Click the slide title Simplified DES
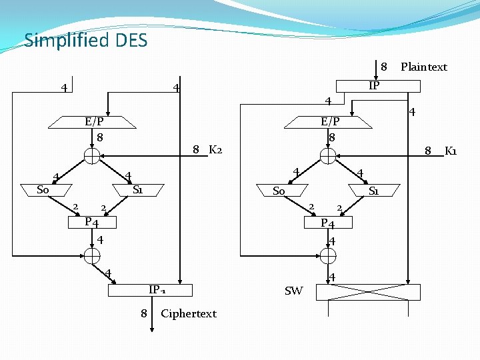pyautogui.click(x=85, y=41)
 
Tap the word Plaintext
pyautogui.click(x=423, y=67)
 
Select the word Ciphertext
pyautogui.click(x=189, y=313)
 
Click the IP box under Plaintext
pyautogui.click(x=378, y=86)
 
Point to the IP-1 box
pyautogui.click(x=150, y=290)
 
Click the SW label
pyautogui.click(x=293, y=291)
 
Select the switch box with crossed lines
pyautogui.click(x=369, y=292)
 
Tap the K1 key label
pyautogui.click(x=451, y=151)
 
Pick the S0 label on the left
pyautogui.click(x=43, y=190)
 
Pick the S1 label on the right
pyautogui.click(x=374, y=191)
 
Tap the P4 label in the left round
pyautogui.click(x=92, y=222)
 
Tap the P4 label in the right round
pyautogui.click(x=328, y=223)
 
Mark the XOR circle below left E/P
pyautogui.click(x=92, y=156)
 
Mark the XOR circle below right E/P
pyautogui.click(x=328, y=156)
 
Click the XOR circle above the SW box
pyautogui.click(x=328, y=255)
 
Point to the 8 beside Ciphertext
pyautogui.click(x=143, y=313)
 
